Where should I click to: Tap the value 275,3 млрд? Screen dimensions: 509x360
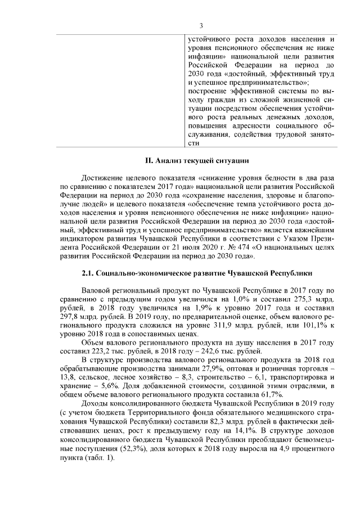point(313,299)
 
